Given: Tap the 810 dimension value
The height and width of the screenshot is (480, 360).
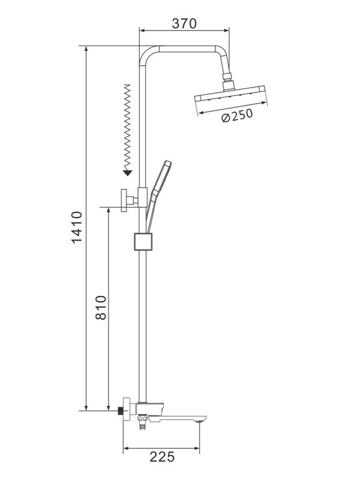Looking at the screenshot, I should point(100,308).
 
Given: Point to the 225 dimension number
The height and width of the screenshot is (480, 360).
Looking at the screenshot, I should point(161,456).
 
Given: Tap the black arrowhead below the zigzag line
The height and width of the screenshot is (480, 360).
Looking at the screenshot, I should point(127,173).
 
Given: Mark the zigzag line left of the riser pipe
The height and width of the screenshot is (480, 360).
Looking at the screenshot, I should point(127,126).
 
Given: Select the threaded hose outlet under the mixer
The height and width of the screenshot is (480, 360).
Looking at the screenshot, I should point(142,427).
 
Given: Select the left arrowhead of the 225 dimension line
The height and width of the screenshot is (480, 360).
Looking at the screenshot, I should point(126,447).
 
